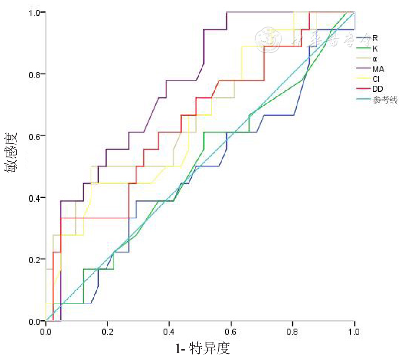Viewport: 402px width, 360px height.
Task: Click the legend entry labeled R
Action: tap(375, 38)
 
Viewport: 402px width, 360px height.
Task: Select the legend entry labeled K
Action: tap(375, 49)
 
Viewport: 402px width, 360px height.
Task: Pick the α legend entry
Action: tap(375, 59)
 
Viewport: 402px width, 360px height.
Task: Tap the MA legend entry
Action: tap(378, 69)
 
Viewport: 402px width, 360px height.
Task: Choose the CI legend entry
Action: tap(376, 80)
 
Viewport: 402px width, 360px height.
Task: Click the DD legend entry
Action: tap(377, 90)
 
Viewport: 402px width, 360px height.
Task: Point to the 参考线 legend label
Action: tap(385, 100)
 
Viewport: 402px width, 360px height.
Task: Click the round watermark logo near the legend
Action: tap(268, 39)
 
